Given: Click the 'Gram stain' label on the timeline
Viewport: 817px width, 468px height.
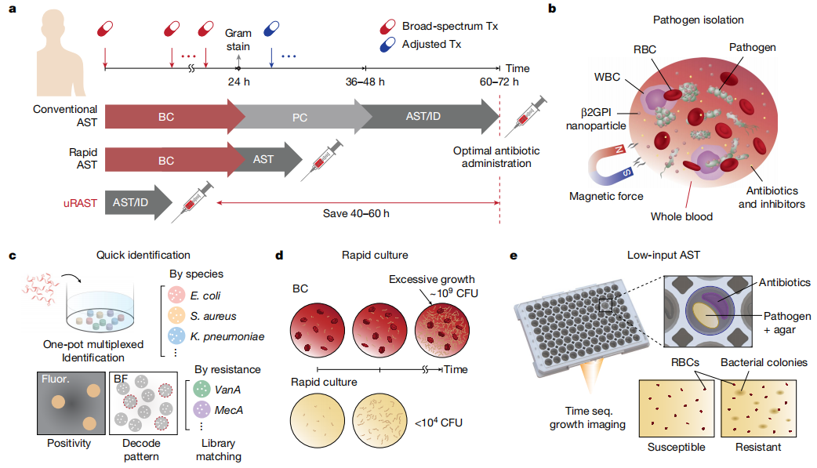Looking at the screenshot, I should pos(238,40).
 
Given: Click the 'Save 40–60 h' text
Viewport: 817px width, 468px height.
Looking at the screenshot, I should pos(358,212).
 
